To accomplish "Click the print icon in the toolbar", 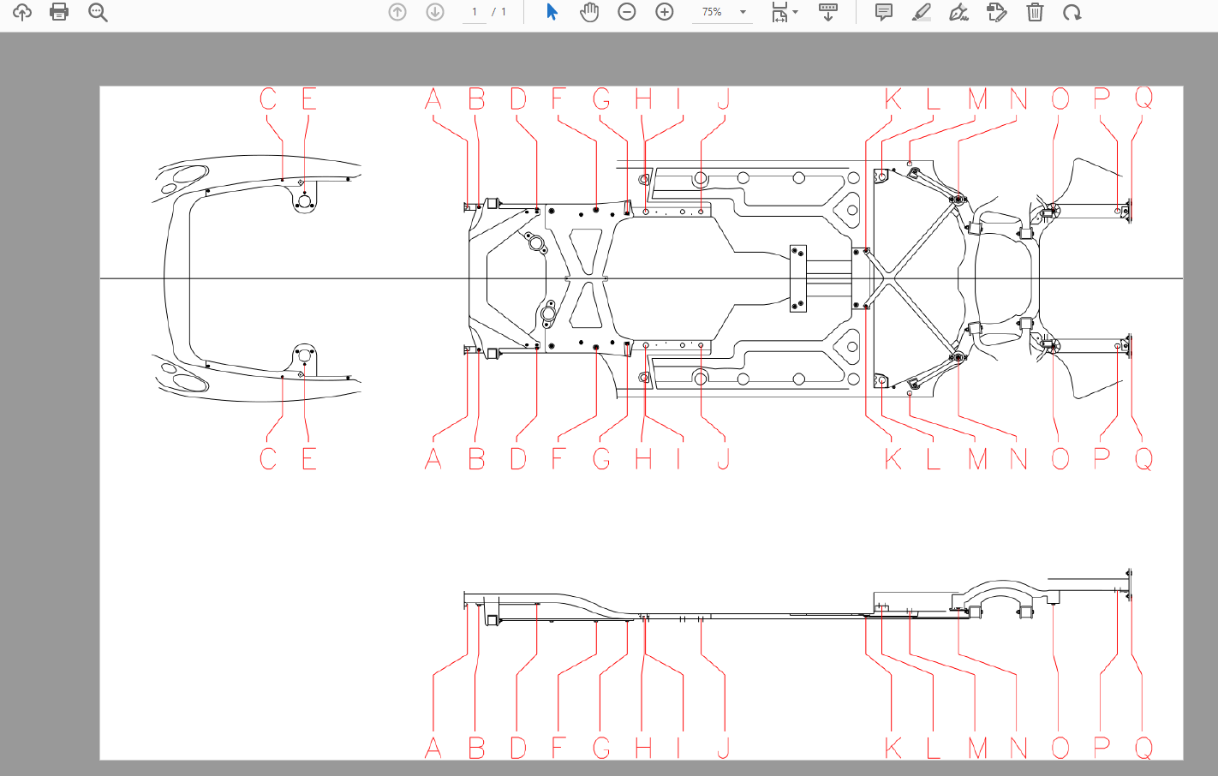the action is [59, 11].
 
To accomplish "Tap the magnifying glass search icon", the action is [98, 12].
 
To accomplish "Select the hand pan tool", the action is [589, 11].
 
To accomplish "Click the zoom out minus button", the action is [626, 11].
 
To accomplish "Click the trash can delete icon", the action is [1035, 11].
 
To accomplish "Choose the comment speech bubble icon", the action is [884, 11].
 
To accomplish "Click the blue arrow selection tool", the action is [552, 11].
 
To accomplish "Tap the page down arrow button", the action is [435, 11].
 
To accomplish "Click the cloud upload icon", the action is [21, 11].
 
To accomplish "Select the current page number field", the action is [475, 12].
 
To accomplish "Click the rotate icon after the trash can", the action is [1072, 12].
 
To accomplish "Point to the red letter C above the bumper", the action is [268, 99].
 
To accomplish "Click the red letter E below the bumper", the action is [309, 458].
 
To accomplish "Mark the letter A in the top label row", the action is [433, 99].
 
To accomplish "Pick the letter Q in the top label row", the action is [1143, 99].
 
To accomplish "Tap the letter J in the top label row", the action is [723, 99].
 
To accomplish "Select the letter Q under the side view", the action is [1143, 748].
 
